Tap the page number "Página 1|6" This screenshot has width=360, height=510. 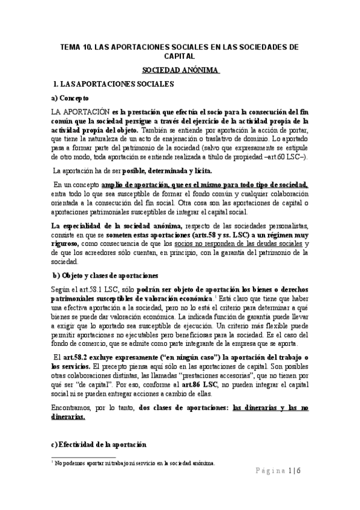(x=283, y=472)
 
